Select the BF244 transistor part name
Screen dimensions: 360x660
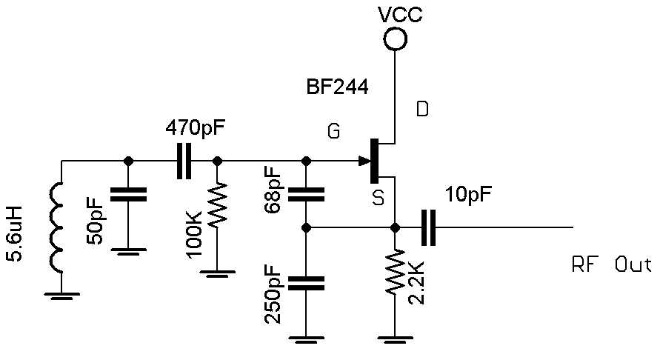coord(337,87)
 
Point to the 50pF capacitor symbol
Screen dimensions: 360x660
coord(127,194)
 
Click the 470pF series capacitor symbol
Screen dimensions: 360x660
coord(183,161)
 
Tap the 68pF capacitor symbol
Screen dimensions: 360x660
coord(305,194)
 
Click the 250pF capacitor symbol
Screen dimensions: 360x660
coord(305,281)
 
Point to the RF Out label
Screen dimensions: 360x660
coord(611,264)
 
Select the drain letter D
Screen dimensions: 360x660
coord(421,110)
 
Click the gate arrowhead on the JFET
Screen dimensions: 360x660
coord(364,161)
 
